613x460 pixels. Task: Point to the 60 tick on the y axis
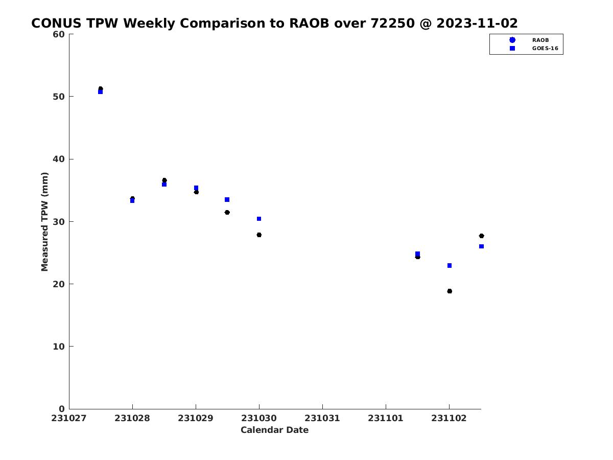click(71, 34)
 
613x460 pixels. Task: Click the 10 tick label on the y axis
click(59, 347)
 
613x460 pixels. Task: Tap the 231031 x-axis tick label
click(322, 418)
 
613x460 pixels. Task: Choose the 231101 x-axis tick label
click(385, 418)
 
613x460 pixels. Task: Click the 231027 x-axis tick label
click(68, 418)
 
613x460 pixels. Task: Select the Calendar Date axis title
click(274, 430)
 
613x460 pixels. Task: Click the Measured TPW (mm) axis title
click(44, 221)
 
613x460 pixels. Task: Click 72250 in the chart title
click(392, 23)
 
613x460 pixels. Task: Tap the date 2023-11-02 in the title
click(477, 23)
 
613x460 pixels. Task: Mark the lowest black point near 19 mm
click(450, 291)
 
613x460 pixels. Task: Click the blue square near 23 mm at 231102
click(450, 265)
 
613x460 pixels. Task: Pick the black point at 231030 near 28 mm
click(259, 235)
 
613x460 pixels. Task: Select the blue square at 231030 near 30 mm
click(259, 219)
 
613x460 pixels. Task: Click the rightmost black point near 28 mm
click(481, 236)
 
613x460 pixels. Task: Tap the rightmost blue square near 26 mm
click(481, 246)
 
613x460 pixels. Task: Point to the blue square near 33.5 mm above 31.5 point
click(227, 200)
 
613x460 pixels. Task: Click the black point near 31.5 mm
click(227, 212)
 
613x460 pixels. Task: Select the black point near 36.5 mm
click(164, 180)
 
